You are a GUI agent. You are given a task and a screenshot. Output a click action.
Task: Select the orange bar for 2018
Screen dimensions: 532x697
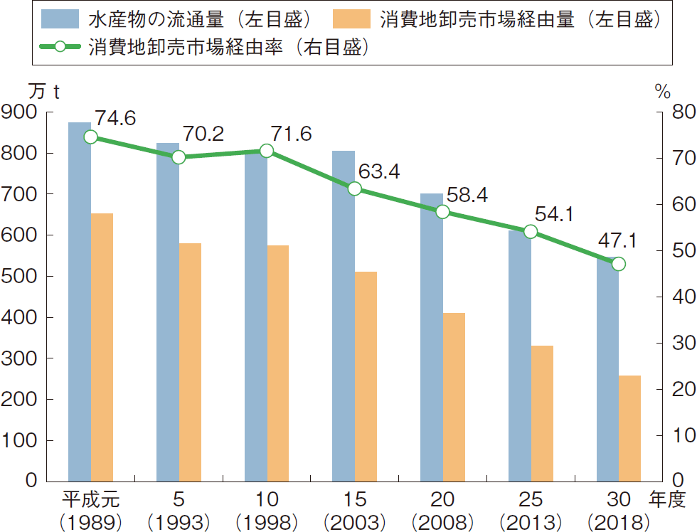629,427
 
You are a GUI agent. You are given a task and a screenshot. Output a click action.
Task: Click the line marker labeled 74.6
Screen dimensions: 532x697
90,137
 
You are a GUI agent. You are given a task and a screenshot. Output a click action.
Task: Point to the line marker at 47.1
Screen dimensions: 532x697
618,264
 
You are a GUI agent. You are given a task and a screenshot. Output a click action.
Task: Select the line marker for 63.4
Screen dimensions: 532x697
354,188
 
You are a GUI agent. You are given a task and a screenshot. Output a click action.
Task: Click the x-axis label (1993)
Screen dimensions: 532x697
179,521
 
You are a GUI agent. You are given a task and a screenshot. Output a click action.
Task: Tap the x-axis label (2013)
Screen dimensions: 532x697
531,521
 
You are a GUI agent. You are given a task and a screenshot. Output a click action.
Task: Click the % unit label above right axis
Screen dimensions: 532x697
663,91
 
